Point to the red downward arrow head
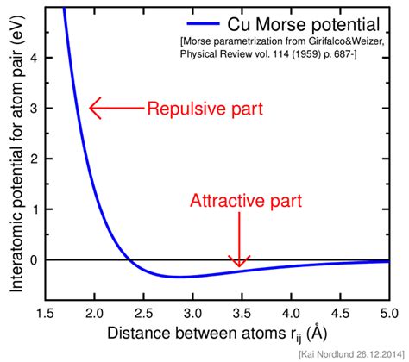point(239,260)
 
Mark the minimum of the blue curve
point(177,277)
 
